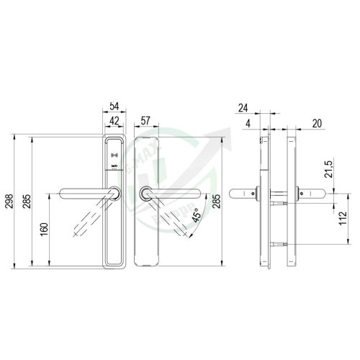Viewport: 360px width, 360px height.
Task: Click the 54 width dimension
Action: click(114, 105)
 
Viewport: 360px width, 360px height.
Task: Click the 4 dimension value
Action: click(247, 124)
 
